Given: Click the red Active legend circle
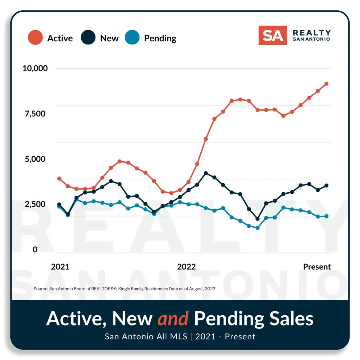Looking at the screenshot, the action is [35, 37].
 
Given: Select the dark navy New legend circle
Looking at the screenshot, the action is [88, 37].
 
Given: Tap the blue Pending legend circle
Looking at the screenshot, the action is [132, 37].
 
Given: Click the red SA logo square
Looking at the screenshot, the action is [272, 35].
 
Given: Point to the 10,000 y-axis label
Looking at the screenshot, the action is [35, 68].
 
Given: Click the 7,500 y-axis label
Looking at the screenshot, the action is [35, 114].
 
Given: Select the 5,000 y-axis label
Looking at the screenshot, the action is [35, 159].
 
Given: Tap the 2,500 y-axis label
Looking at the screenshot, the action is [35, 204].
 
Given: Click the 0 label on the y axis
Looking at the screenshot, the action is [35, 249].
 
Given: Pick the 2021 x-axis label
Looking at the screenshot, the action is [60, 267].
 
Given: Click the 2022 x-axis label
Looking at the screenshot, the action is [186, 267].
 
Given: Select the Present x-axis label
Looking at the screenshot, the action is [317, 267].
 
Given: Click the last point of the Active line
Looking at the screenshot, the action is [326, 84].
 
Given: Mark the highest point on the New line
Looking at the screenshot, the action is [206, 173].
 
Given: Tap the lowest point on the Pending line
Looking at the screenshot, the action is [257, 228].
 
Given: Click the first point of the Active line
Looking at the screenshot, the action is [59, 178].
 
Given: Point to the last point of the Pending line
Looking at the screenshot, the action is [326, 216].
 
